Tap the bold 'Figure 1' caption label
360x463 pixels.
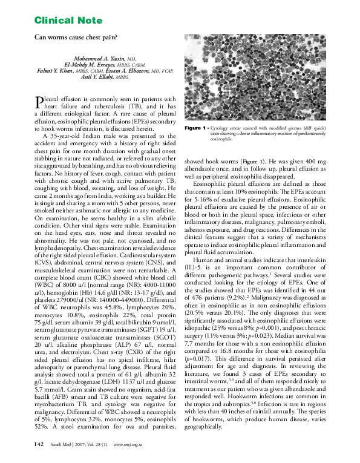pyautogui.click(x=197, y=129)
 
